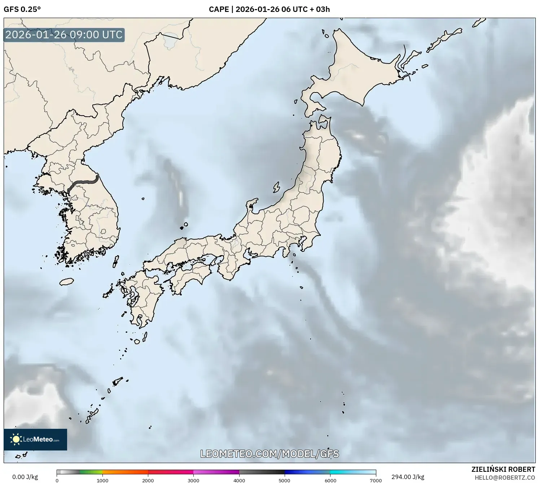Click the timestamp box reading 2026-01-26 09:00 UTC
coord(64,35)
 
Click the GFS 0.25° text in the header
coord(22,9)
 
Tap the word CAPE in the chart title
coord(219,9)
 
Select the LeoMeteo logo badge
coord(35,439)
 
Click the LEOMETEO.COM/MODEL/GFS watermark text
coord(269,454)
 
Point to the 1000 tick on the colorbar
coord(102,480)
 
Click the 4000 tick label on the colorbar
coord(239,480)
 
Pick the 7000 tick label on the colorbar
coord(376,480)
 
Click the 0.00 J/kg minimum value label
coord(25,477)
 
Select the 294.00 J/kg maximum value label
coord(408,477)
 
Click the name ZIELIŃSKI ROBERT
coord(503,469)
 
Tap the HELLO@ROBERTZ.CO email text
coord(505,477)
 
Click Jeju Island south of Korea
coord(67,281)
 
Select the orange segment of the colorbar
coord(125,472)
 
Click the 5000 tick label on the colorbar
coord(285,480)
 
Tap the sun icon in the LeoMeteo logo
coord(16,439)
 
